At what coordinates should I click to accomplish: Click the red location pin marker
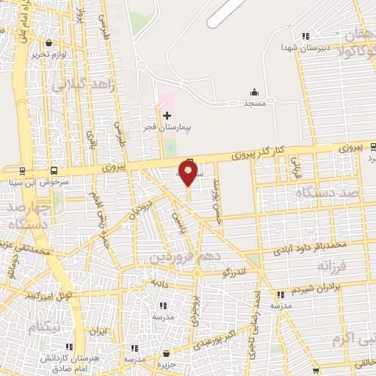pyautogui.click(x=189, y=173)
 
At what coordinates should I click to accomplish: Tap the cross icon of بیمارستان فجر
pyautogui.click(x=167, y=115)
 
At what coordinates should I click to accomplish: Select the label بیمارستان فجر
pyautogui.click(x=167, y=127)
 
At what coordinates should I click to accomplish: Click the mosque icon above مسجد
pyautogui.click(x=255, y=93)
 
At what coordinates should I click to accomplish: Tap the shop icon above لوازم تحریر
pyautogui.click(x=48, y=43)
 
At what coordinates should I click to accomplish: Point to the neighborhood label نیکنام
pyautogui.click(x=43, y=325)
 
